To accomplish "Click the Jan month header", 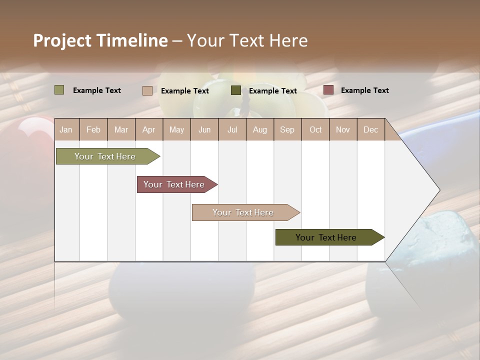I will pos(66,129).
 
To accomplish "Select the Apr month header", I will pos(148,129).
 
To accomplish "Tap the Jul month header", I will pos(232,129).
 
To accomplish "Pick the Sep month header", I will pos(287,129).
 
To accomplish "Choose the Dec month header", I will pos(370,129).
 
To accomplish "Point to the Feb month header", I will pos(93,129).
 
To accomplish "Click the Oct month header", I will pos(315,129).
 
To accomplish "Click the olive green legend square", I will pos(59,90).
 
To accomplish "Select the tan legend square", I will pos(147,90).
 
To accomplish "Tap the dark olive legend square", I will pos(236,90).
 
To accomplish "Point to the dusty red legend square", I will pos(328,90).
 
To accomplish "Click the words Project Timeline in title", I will pos(100,40).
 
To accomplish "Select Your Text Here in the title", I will pos(247,40).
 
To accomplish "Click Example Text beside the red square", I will pos(364,90).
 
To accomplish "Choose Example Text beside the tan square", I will pos(184,91).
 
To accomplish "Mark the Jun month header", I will pos(204,129).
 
